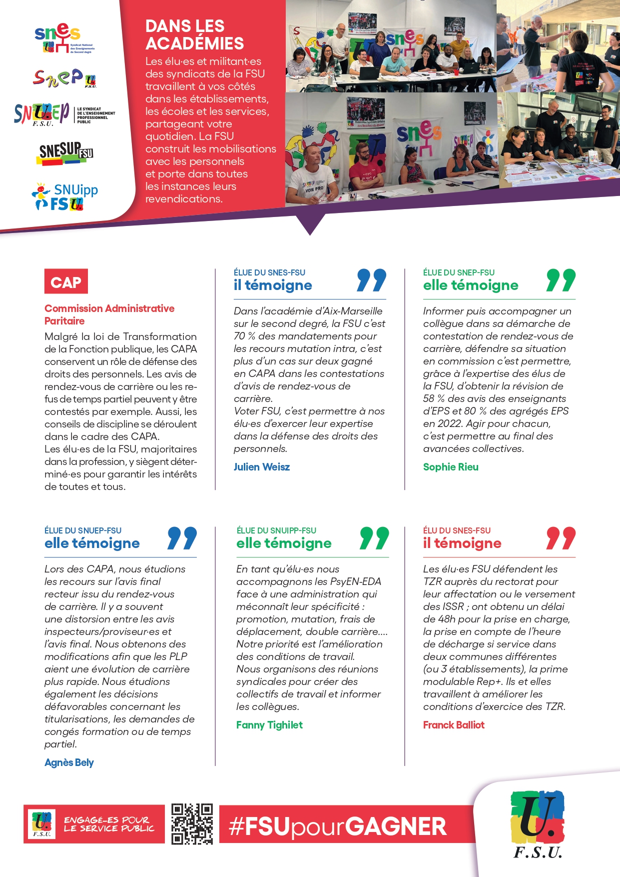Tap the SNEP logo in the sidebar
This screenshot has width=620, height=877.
[x=64, y=78]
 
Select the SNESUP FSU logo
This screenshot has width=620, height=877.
[x=66, y=152]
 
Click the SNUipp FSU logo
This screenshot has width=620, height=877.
[x=65, y=196]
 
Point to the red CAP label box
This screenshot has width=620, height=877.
[x=66, y=281]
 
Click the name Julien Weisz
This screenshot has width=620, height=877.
[x=261, y=467]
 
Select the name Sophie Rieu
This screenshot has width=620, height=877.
[x=450, y=467]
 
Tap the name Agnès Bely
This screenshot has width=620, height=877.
[x=69, y=762]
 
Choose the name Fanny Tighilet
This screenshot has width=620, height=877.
[x=269, y=725]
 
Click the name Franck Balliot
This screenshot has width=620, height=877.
[x=453, y=725]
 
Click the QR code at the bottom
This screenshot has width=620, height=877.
[x=192, y=824]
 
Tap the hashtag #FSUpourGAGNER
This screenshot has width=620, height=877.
[x=338, y=826]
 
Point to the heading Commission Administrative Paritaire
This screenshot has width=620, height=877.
[x=109, y=314]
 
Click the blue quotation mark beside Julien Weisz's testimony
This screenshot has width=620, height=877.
[x=371, y=280]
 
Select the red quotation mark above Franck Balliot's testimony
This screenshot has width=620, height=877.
[x=561, y=538]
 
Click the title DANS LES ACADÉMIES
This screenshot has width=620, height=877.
[x=194, y=35]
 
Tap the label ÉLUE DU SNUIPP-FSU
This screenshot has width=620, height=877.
[x=276, y=530]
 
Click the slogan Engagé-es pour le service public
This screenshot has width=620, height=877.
[x=109, y=824]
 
